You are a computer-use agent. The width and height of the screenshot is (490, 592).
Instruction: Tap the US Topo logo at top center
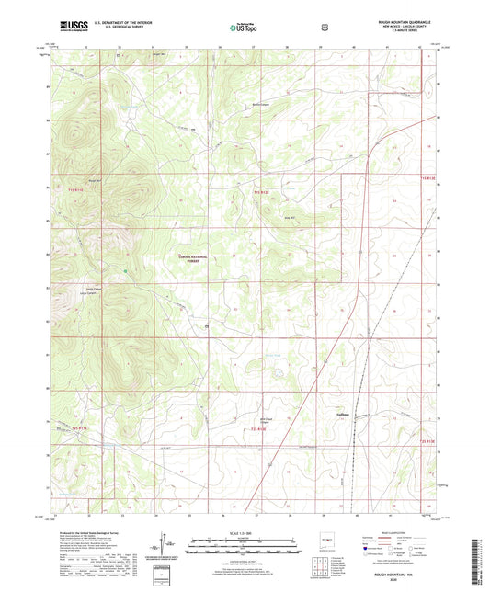244,28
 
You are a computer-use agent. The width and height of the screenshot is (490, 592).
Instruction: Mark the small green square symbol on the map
126,270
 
